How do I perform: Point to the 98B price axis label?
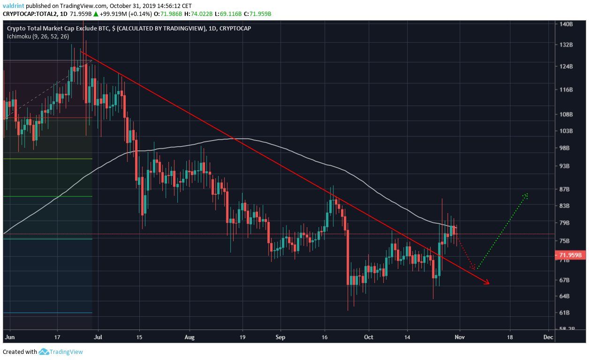(x=565, y=148)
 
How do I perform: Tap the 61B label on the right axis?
(x=565, y=313)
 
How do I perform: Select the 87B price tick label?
(x=565, y=189)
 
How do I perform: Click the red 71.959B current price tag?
(x=570, y=255)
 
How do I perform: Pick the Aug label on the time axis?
(x=189, y=337)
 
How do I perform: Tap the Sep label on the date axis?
(x=280, y=337)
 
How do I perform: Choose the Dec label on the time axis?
(x=548, y=337)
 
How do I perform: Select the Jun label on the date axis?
(x=9, y=337)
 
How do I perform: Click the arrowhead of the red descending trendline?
(x=488, y=283)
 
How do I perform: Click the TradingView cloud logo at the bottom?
(x=44, y=352)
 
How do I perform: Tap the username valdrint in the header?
(x=14, y=5)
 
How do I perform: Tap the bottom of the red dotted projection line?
(x=473, y=269)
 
